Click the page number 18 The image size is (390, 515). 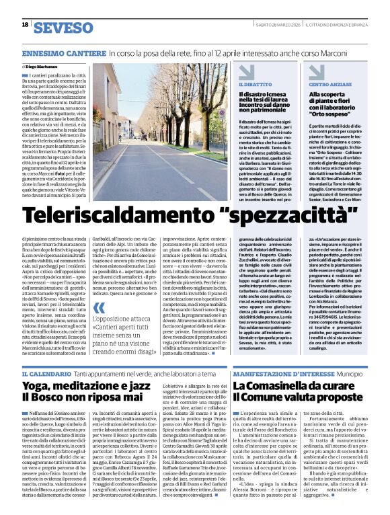(25, 24)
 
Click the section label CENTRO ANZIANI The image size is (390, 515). (328, 85)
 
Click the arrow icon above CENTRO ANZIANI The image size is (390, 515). (315, 72)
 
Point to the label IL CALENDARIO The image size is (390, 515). (46, 373)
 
